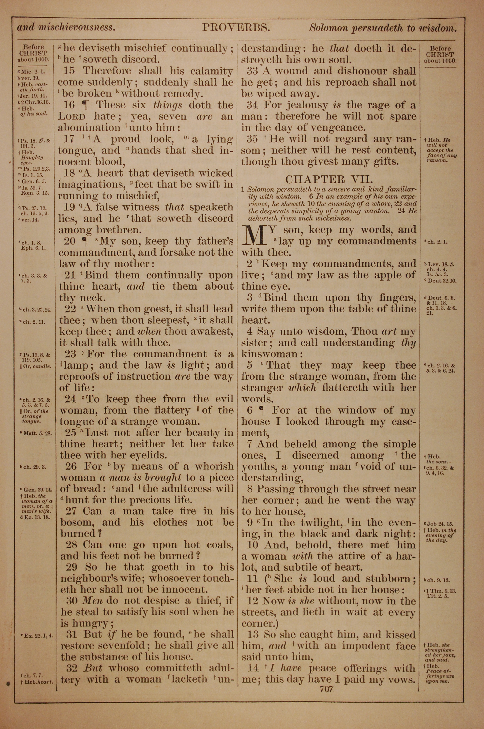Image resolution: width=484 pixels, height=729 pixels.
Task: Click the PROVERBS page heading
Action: pyautogui.click(x=236, y=28)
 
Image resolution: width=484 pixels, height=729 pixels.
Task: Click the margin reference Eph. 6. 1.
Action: pyautogui.click(x=34, y=248)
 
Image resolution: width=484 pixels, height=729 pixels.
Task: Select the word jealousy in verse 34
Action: pyautogui.click(x=307, y=105)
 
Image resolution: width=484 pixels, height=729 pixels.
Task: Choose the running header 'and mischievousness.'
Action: pyautogui.click(x=66, y=28)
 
